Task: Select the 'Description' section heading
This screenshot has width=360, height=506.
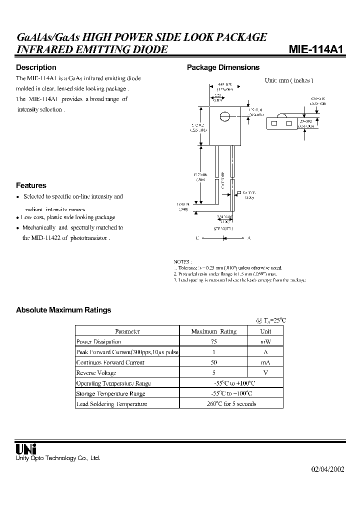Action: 36,67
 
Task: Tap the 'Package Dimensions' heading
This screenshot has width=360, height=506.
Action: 223,67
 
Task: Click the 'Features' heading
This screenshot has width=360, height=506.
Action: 31,185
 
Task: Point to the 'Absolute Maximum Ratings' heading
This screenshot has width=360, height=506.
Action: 63,310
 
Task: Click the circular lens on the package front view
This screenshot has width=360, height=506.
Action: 225,116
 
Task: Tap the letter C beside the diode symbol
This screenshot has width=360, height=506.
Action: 198,238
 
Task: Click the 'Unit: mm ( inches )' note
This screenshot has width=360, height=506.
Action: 288,80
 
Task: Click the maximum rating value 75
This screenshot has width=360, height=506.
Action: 213,341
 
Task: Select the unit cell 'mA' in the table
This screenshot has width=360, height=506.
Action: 265,362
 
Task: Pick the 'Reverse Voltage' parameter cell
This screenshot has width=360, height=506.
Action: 96,373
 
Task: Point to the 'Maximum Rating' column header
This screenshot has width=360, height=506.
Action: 213,331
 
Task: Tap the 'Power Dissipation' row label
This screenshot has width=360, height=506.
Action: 98,341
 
